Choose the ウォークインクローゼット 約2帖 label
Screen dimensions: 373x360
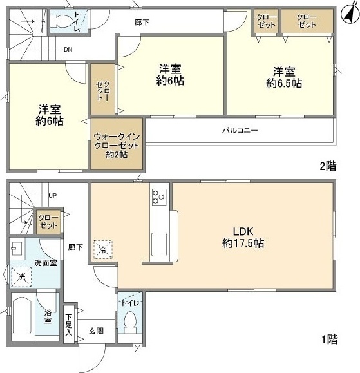tap(117, 146)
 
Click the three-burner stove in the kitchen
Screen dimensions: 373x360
tap(158, 197)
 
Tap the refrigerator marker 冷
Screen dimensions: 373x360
tap(102, 249)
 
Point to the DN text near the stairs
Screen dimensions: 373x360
tap(68, 48)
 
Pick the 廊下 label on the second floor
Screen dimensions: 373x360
tap(143, 21)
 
